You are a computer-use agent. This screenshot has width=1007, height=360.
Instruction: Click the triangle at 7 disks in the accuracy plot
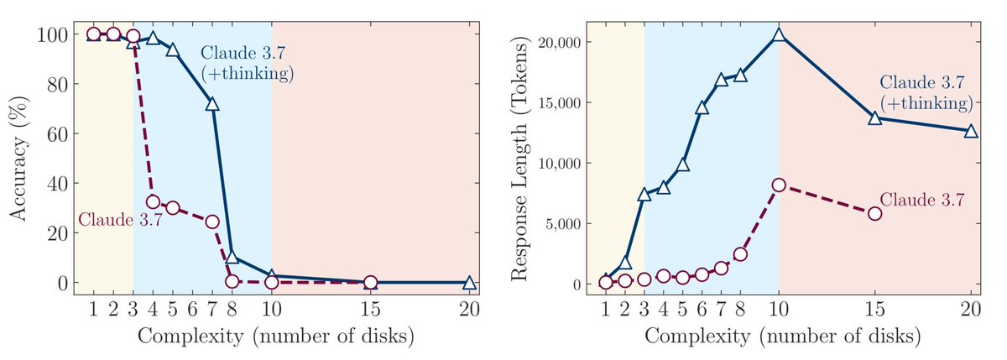pos(212,104)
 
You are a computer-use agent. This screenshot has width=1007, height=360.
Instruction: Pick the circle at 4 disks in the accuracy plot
pos(153,201)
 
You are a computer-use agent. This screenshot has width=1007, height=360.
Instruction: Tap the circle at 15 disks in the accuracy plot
pos(370,283)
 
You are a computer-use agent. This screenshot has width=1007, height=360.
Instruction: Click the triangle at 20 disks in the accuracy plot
pos(469,283)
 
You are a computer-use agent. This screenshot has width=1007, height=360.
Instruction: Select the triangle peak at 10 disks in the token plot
pos(779,35)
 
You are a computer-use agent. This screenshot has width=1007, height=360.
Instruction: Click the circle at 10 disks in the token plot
pos(779,185)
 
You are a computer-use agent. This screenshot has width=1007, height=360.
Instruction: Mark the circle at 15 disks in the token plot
pos(875,213)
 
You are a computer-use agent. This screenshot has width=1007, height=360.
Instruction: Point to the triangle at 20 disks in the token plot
pos(971,131)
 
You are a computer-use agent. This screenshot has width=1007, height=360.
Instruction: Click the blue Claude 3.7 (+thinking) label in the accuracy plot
pos(246,64)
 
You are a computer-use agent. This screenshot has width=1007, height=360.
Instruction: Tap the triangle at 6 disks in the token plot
pos(702,108)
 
